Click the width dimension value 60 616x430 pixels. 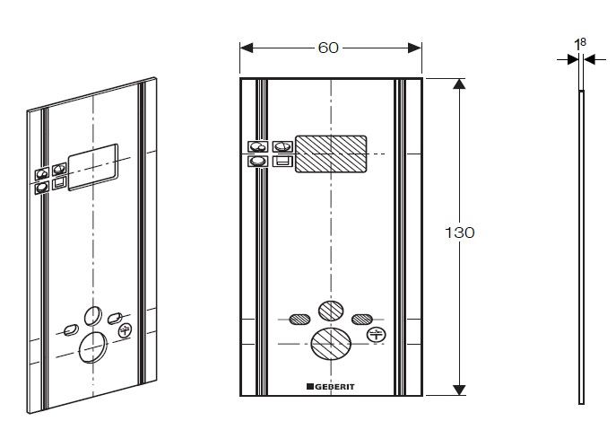(328, 47)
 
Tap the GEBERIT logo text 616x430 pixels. (331, 387)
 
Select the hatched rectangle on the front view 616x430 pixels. (331, 154)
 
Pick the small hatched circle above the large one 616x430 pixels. (331, 310)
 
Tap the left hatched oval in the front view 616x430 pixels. (299, 318)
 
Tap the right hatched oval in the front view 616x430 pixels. (362, 318)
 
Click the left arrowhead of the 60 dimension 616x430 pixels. (246, 47)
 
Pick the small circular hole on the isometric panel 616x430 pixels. (92, 314)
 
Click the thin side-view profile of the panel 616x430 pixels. (580, 242)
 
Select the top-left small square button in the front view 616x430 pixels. (257, 146)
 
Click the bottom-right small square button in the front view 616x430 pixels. (281, 162)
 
